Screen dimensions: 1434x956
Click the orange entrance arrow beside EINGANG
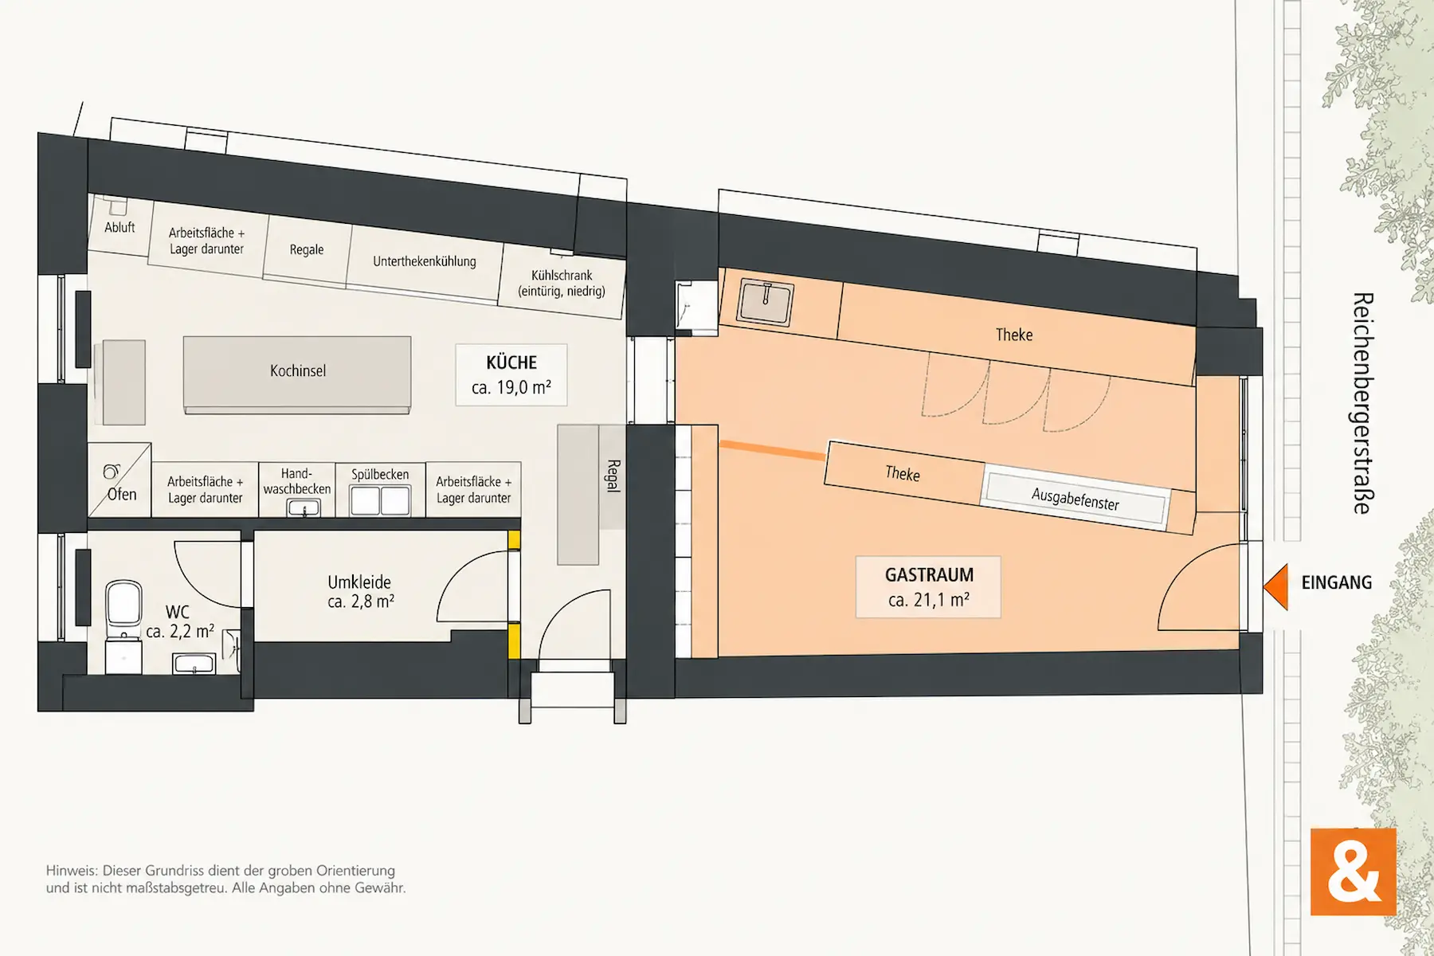tap(1276, 587)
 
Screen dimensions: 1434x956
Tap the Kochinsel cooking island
tap(297, 374)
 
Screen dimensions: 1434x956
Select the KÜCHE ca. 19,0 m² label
tap(511, 374)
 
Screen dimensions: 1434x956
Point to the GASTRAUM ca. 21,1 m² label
tap(929, 587)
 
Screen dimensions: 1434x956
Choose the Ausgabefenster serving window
tap(1075, 499)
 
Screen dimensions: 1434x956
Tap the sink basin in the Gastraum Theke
tap(765, 302)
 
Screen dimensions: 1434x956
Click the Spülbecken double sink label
tap(380, 475)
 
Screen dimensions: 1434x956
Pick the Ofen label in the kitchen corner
tap(122, 495)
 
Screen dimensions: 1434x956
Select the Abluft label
tap(119, 228)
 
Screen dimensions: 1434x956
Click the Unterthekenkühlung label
tap(425, 261)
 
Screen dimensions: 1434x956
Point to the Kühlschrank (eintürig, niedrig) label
tap(562, 284)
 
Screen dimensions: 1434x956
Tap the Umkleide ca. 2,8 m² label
tap(360, 592)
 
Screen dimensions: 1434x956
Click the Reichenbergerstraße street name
tap(1363, 403)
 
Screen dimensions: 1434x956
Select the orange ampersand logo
tap(1354, 872)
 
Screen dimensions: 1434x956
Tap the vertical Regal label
tap(613, 476)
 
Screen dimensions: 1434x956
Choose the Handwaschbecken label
tap(296, 481)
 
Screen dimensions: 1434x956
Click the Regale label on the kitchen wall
tap(307, 250)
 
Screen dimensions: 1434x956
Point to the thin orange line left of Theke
tap(773, 450)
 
